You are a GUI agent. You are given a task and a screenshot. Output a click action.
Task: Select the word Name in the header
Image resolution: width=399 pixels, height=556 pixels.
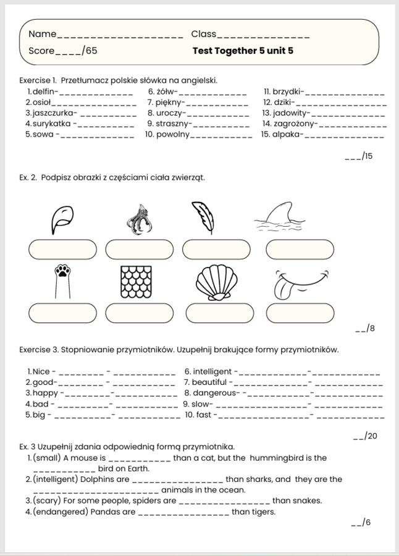(x=42, y=34)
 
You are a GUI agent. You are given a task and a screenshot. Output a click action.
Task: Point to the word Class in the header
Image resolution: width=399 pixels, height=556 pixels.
(x=204, y=34)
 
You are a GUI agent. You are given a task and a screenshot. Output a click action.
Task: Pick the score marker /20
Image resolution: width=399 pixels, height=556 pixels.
(x=371, y=436)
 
